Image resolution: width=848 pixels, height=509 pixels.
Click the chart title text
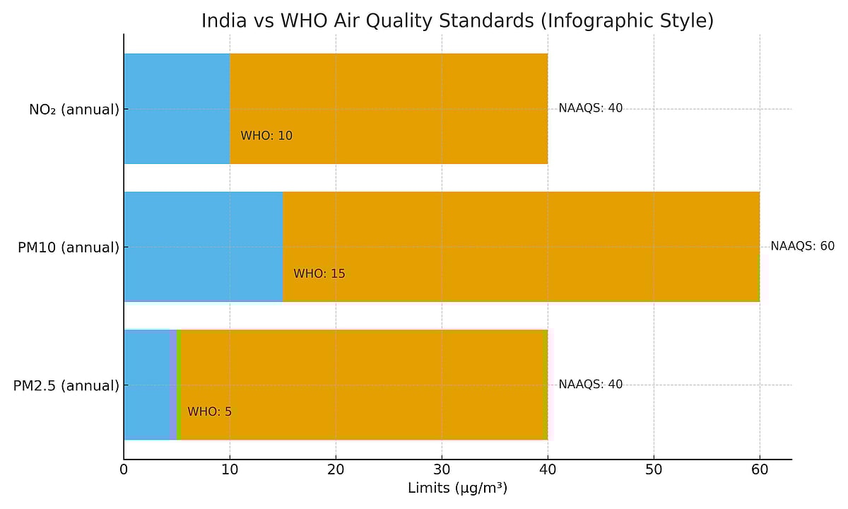click(457, 21)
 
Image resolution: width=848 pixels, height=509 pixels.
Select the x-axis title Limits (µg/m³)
click(457, 488)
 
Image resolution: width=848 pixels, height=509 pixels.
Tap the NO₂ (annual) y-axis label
click(73, 110)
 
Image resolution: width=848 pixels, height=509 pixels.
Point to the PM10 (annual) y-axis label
click(68, 247)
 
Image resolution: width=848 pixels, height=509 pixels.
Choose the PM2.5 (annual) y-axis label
click(66, 386)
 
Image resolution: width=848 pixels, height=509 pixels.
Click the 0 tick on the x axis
click(124, 469)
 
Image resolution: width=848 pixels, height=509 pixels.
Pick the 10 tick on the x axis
click(230, 469)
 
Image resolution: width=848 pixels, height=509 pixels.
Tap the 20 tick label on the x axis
click(336, 469)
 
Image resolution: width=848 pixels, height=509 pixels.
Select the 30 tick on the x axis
click(442, 469)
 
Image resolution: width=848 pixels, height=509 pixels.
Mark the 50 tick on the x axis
click(654, 469)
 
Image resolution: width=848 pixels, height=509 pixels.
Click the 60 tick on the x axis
click(760, 469)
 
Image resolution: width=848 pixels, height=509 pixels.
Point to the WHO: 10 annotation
click(266, 136)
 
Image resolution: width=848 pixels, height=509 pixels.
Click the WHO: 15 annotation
click(319, 274)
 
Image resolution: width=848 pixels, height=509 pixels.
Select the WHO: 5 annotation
click(209, 411)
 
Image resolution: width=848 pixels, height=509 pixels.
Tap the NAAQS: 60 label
click(802, 246)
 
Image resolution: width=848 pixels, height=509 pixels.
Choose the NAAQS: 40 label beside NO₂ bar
click(590, 108)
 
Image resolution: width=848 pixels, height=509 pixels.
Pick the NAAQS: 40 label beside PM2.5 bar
click(590, 385)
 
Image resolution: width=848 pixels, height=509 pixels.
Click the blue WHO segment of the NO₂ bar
click(177, 108)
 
